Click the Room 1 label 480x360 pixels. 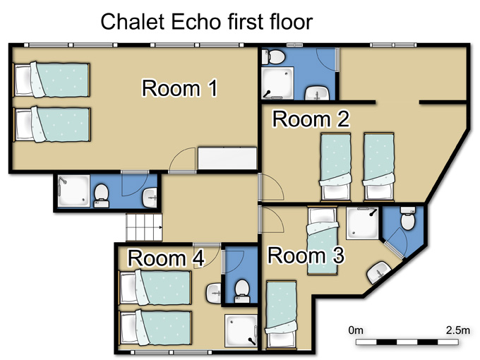click(180, 88)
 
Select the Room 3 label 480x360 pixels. click(306, 256)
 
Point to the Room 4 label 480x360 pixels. click(166, 258)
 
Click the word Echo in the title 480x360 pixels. click(196, 22)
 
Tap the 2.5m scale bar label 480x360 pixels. click(457, 330)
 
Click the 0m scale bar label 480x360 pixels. click(356, 330)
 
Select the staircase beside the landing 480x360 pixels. click(144, 227)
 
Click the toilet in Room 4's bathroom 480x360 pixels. click(242, 291)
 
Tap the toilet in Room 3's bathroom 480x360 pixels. click(408, 218)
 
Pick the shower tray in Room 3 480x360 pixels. click(362, 223)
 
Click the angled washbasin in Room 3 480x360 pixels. click(378, 272)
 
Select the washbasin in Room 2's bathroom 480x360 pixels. click(317, 93)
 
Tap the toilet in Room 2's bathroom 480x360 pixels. click(273, 57)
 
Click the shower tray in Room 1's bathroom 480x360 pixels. click(74, 191)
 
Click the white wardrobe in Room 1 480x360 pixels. click(227, 158)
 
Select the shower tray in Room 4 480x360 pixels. click(241, 331)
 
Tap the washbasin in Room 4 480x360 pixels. click(214, 293)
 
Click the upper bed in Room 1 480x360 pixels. click(52, 80)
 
